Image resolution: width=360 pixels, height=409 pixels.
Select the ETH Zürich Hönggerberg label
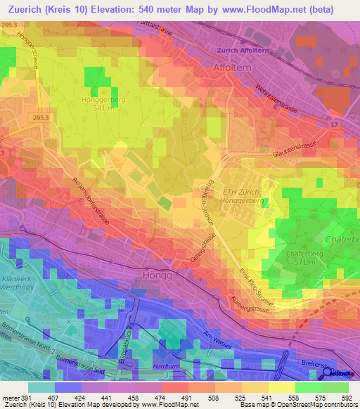pos(240,197)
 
